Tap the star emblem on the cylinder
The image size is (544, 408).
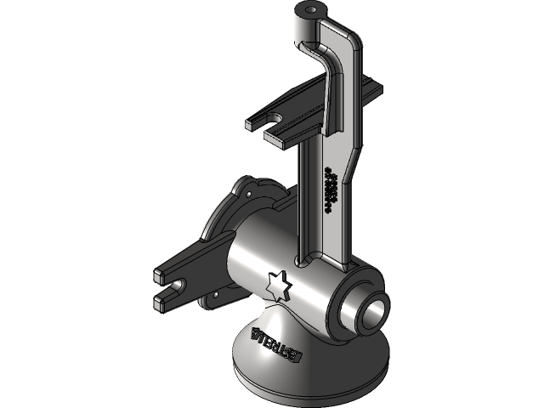(279, 286)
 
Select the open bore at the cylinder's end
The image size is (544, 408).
(373, 312)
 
